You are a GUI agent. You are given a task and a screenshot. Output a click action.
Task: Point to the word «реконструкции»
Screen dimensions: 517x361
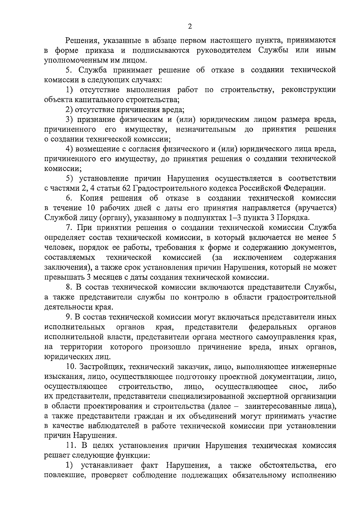(x=308, y=90)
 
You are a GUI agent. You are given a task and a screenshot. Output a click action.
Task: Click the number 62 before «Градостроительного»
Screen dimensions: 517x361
(x=126, y=188)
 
